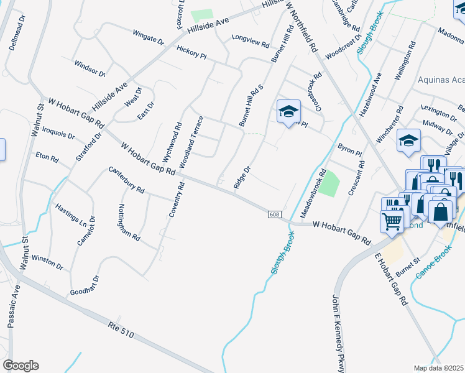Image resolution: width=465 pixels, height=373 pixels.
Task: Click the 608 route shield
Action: pos(274,214)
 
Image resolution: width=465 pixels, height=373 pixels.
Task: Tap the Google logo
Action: pos(21,366)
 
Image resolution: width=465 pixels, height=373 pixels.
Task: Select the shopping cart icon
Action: pos(392,220)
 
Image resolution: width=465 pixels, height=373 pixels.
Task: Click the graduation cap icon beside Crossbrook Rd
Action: pos(288,111)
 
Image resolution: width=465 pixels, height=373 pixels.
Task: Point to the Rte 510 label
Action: pos(121,326)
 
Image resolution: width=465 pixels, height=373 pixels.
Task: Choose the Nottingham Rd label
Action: pos(129,223)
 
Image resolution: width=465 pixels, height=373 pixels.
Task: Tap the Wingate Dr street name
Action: pos(148,38)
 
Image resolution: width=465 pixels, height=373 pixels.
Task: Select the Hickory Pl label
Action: pos(191,55)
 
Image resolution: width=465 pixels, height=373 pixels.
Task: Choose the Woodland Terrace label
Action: pos(192,142)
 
